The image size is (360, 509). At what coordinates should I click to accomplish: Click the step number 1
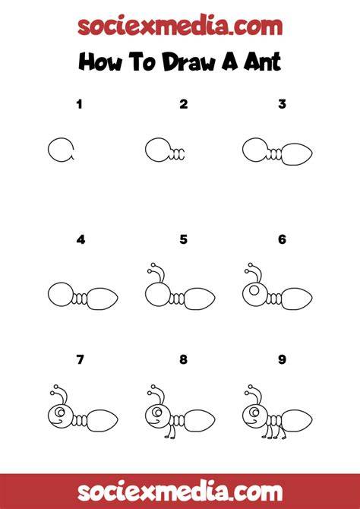[80, 105]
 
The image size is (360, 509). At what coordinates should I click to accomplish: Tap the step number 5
[183, 239]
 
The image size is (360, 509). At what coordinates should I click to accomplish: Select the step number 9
[282, 359]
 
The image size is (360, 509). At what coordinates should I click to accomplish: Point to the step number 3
[282, 104]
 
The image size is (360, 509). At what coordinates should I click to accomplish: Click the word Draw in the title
[188, 62]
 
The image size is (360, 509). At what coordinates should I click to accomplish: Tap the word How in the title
[100, 62]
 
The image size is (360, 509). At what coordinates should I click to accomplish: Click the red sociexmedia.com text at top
[180, 26]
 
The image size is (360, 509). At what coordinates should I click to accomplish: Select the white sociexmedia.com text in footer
[180, 492]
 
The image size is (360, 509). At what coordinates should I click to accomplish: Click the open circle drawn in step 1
[49, 150]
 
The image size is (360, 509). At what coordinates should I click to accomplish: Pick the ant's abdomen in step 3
[297, 154]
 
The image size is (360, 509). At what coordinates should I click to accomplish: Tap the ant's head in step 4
[60, 295]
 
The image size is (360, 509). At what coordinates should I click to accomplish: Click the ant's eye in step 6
[254, 290]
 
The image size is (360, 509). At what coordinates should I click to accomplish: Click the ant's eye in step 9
[254, 413]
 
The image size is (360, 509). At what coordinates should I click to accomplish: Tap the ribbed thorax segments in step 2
[177, 154]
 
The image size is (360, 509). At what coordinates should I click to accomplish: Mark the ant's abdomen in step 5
[199, 299]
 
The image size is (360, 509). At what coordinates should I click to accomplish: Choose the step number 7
[80, 359]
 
